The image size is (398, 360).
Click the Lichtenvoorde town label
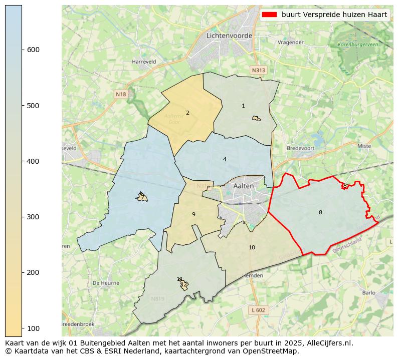coord(228,36)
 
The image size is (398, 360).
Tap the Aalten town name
coord(244,186)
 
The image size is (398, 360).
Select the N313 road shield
coord(258,71)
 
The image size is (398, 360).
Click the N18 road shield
coord(121,94)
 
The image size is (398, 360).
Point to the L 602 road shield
coord(259,310)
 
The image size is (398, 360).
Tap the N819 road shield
coord(157,299)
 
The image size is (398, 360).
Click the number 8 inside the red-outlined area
coord(320,212)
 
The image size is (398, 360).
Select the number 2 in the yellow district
coord(187,113)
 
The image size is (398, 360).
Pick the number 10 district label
coord(252,247)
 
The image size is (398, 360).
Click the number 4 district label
coord(225,159)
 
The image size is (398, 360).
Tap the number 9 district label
coord(193,214)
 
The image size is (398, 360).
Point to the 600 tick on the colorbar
coord(23,50)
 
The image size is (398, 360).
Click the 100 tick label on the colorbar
coord(33,328)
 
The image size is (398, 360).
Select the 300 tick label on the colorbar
coord(33,217)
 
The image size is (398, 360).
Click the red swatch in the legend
coord(270,15)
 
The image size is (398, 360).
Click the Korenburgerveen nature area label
coord(358,45)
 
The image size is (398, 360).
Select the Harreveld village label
coord(144,62)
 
